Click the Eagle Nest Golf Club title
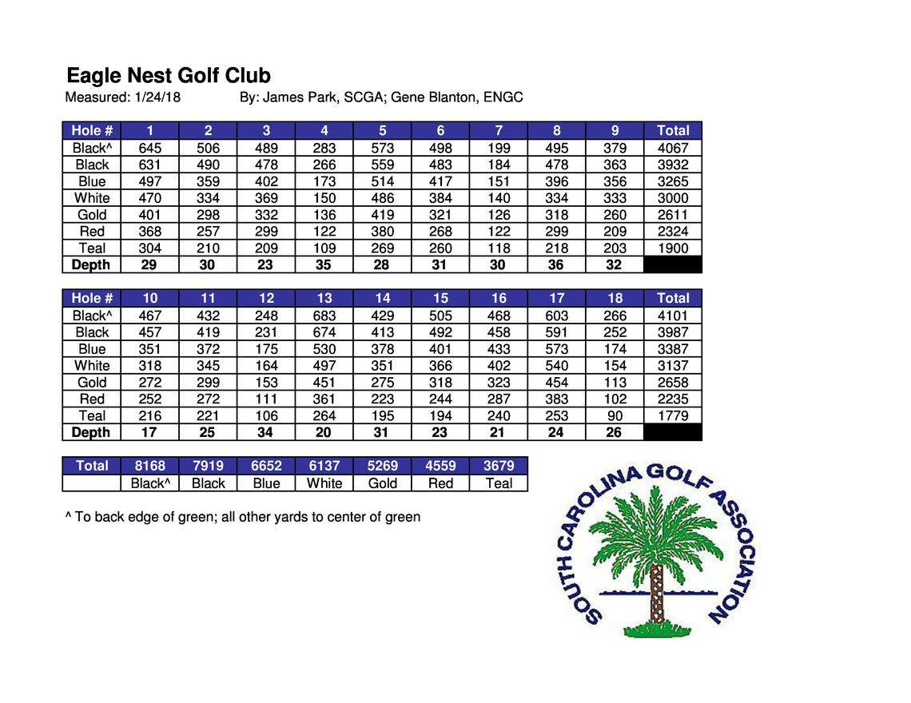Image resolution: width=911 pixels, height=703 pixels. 169,76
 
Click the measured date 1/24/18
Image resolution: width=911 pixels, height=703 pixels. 157,97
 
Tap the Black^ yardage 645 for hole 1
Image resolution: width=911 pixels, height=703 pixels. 149,148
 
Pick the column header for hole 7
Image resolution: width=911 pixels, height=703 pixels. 499,130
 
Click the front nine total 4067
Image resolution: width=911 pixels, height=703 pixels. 672,148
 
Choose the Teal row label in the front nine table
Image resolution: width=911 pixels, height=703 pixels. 92,248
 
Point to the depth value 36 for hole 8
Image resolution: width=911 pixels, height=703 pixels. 556,265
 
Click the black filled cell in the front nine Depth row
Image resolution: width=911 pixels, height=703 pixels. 672,265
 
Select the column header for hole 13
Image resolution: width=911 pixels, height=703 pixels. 324,298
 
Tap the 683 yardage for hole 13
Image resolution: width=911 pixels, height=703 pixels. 324,316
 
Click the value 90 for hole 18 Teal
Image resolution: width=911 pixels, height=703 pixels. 615,415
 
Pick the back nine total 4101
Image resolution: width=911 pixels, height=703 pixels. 672,316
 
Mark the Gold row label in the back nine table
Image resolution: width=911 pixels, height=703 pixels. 92,383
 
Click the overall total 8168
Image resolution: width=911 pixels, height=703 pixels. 149,466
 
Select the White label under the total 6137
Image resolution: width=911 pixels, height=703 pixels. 324,483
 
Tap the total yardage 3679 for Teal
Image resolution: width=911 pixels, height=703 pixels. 499,466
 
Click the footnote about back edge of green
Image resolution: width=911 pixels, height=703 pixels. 242,517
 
